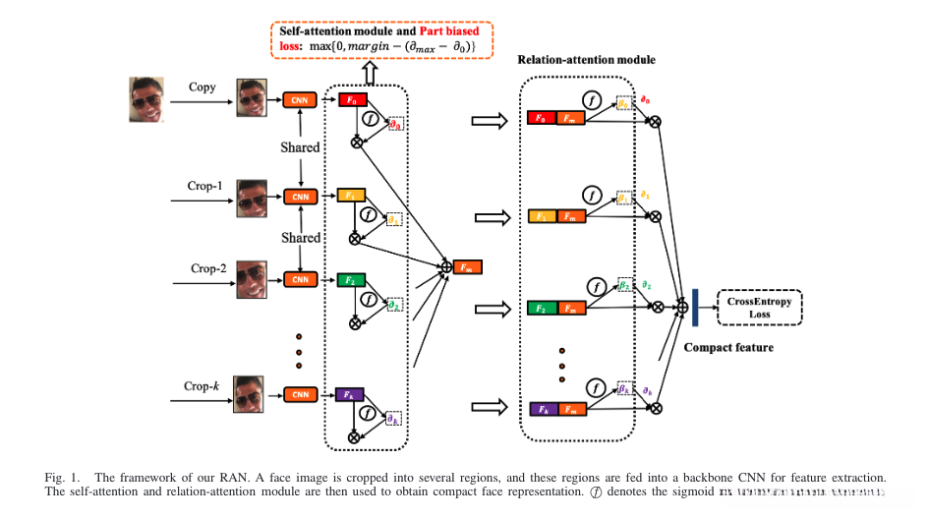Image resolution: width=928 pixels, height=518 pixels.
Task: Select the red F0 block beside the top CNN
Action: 351,100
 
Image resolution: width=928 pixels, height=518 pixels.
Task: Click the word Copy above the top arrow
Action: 203,87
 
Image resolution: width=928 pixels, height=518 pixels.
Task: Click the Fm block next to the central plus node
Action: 467,266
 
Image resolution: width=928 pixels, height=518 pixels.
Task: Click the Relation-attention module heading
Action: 587,60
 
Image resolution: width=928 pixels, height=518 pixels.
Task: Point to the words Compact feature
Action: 728,347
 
